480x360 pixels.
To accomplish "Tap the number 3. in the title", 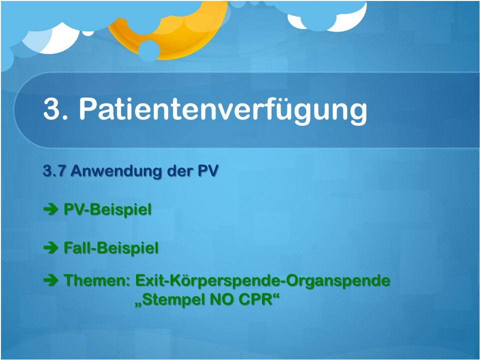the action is pyautogui.click(x=55, y=109).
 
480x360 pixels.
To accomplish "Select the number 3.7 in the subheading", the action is pyautogui.click(x=54, y=171).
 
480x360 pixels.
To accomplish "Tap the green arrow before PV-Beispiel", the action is pyautogui.click(x=51, y=209).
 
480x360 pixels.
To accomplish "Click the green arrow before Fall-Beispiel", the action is pyautogui.click(x=51, y=247).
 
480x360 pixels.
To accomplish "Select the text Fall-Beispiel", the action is pyautogui.click(x=111, y=248).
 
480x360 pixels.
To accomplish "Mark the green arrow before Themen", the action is pyautogui.click(x=51, y=280).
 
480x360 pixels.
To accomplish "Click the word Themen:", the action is pyautogui.click(x=97, y=280).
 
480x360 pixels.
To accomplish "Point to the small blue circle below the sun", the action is pyautogui.click(x=149, y=51).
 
